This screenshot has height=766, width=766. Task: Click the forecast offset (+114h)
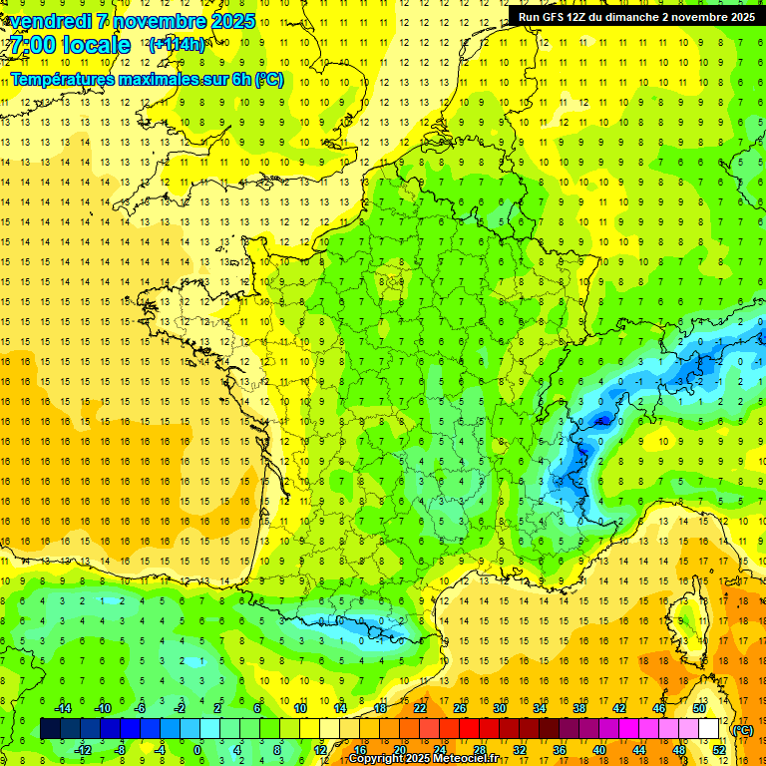[177, 45]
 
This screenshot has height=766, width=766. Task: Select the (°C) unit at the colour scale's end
[742, 729]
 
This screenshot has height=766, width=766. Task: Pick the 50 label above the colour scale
[698, 708]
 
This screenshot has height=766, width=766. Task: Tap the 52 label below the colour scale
[718, 750]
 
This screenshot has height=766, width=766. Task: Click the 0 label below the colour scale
[197, 750]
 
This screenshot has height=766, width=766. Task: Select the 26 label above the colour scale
[459, 708]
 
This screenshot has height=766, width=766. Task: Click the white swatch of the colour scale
[709, 729]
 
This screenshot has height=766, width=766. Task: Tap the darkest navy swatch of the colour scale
[50, 729]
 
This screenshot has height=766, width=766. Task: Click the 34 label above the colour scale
[539, 708]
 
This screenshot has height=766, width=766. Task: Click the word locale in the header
[96, 45]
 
